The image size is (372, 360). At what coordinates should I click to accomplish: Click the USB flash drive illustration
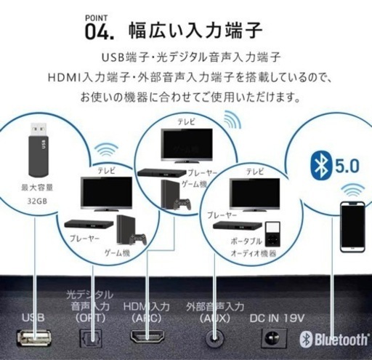39,150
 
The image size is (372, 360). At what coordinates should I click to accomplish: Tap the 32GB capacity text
37,201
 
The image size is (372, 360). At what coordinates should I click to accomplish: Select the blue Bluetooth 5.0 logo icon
320,167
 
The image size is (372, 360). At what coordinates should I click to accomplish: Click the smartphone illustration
352,227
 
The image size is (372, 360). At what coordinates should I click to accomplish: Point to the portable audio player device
273,234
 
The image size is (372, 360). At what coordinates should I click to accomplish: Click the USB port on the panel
34,337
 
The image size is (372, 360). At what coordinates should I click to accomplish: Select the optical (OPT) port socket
91,338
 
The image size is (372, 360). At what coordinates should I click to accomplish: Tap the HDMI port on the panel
147,337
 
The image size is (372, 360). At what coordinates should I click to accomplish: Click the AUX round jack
214,337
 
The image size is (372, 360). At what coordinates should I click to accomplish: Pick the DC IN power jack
274,337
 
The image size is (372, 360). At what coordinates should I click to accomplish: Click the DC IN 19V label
277,319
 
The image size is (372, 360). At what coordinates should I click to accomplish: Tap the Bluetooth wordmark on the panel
334,339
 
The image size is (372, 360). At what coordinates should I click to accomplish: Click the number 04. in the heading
100,32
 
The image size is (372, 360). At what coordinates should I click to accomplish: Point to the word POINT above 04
96,18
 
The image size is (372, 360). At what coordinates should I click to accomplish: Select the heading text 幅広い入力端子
195,31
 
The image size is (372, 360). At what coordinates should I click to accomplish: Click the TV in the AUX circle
254,194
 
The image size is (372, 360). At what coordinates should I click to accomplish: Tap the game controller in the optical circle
137,239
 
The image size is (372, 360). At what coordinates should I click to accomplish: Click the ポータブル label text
246,241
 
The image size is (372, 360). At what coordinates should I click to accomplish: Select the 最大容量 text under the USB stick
37,188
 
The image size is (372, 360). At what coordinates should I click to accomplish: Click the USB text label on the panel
33,318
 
